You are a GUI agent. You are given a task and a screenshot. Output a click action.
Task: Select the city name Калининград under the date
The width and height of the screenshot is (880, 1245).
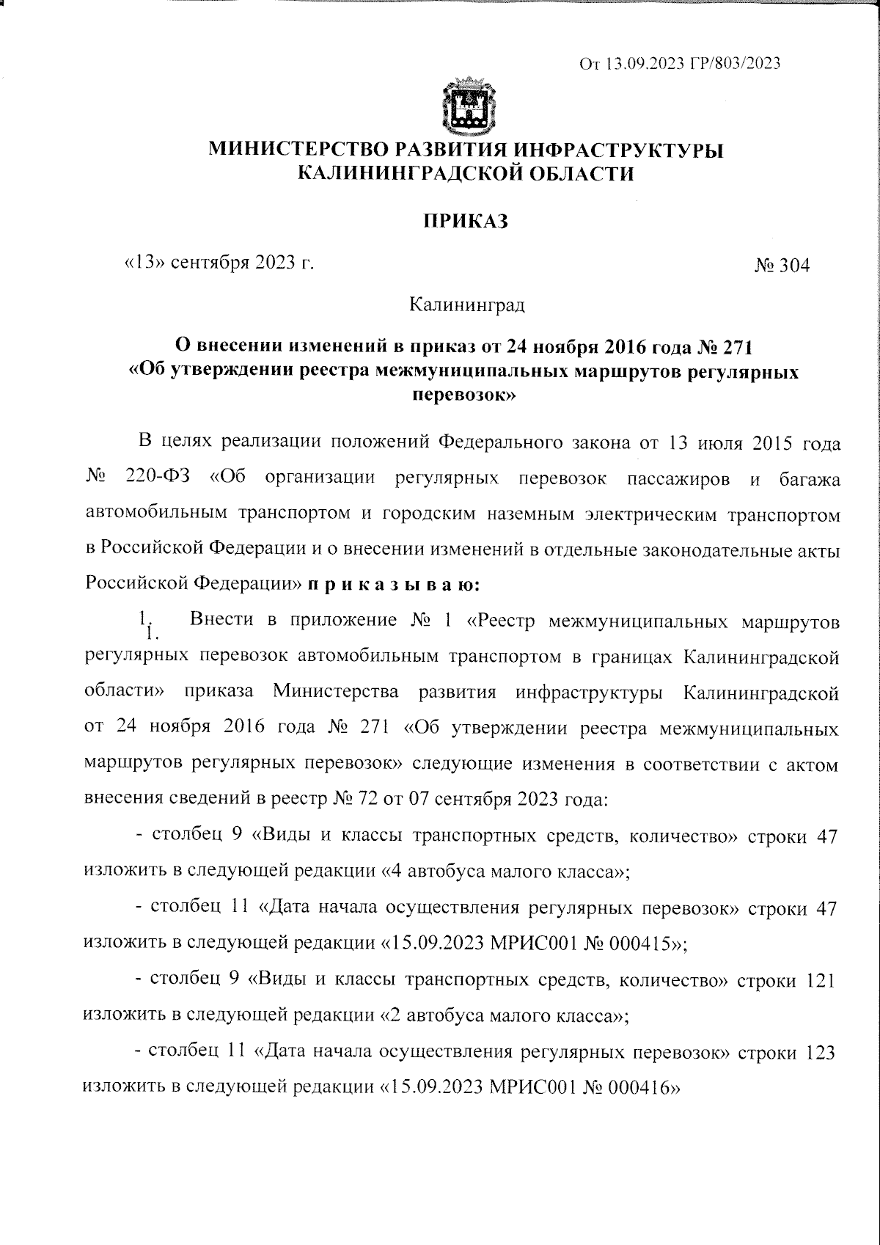point(466,303)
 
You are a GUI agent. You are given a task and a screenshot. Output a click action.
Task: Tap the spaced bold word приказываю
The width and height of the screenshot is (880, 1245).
point(394,585)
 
